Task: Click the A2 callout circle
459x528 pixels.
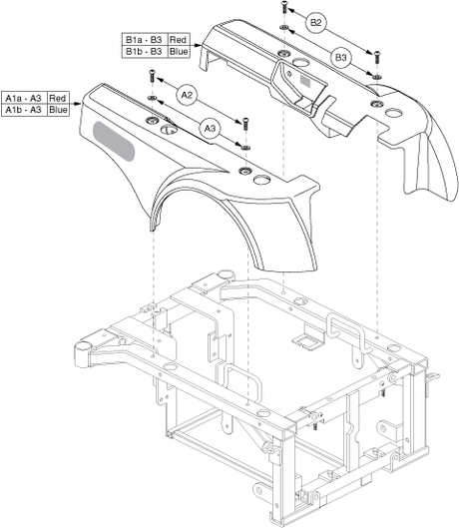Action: click(187, 95)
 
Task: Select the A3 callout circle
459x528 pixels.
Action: click(211, 129)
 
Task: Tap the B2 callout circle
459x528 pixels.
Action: click(316, 23)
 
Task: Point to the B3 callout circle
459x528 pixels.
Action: click(341, 58)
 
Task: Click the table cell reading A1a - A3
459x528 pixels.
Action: click(24, 98)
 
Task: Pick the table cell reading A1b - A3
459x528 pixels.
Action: click(24, 110)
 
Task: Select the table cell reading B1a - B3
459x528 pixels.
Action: click(144, 39)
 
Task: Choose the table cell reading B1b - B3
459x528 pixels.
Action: click(144, 51)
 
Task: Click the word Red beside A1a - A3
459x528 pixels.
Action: click(58, 98)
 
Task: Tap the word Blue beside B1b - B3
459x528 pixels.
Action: click(179, 52)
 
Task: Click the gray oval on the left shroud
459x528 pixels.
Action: click(114, 141)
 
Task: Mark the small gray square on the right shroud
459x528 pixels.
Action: click(305, 80)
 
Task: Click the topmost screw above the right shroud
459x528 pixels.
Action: click(284, 6)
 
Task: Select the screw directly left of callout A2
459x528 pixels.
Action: click(152, 76)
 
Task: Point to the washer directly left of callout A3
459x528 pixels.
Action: click(153, 98)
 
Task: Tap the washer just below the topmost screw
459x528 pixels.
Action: click(284, 27)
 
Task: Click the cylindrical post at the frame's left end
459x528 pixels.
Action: click(82, 355)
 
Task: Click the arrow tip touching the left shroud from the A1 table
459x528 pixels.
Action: click(81, 104)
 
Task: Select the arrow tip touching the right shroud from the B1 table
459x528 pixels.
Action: click(201, 45)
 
